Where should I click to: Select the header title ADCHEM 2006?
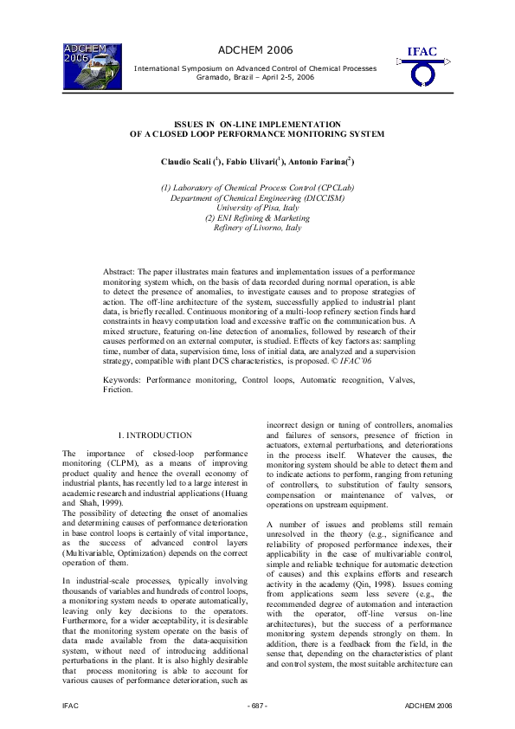pos(256,50)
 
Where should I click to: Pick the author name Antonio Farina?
pos(322,162)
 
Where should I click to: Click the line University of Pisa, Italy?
pos(257,208)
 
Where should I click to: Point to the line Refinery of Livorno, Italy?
pos(257,228)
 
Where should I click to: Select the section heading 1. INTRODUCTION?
pos(156,435)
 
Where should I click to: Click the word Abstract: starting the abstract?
pos(119,272)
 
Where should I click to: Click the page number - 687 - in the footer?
pos(257,707)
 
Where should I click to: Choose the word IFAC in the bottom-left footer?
pos(72,707)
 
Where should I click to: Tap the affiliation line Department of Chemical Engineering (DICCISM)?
pos(257,197)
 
